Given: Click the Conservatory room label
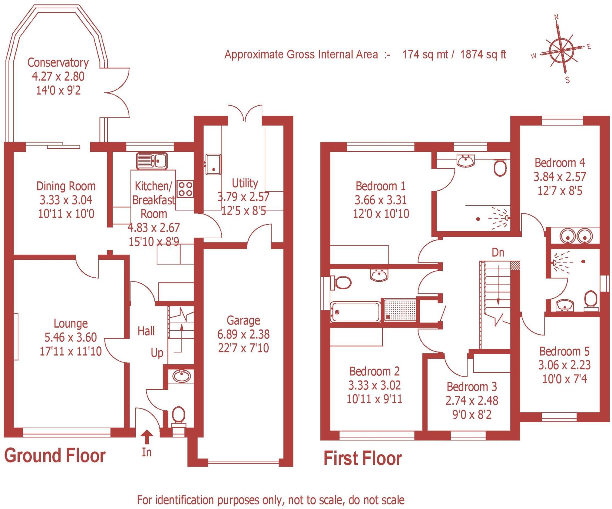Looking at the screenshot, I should [58, 62].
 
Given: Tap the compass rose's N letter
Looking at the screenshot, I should [556, 17].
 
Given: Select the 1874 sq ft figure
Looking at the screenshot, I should [483, 54].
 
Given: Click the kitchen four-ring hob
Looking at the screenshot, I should [185, 189].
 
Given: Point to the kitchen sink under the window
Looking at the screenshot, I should [152, 161].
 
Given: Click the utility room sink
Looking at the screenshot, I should [213, 164].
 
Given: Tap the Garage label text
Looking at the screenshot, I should [243, 320].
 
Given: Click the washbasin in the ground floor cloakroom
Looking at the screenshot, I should [181, 376].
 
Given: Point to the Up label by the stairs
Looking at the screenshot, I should [157, 353].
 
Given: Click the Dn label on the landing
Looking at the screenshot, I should [498, 253].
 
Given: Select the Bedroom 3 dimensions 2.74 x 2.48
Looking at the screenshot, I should [472, 401].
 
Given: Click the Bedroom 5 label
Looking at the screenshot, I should [564, 351].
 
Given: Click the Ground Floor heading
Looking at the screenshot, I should [55, 455].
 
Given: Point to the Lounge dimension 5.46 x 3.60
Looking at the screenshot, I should [71, 337].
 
